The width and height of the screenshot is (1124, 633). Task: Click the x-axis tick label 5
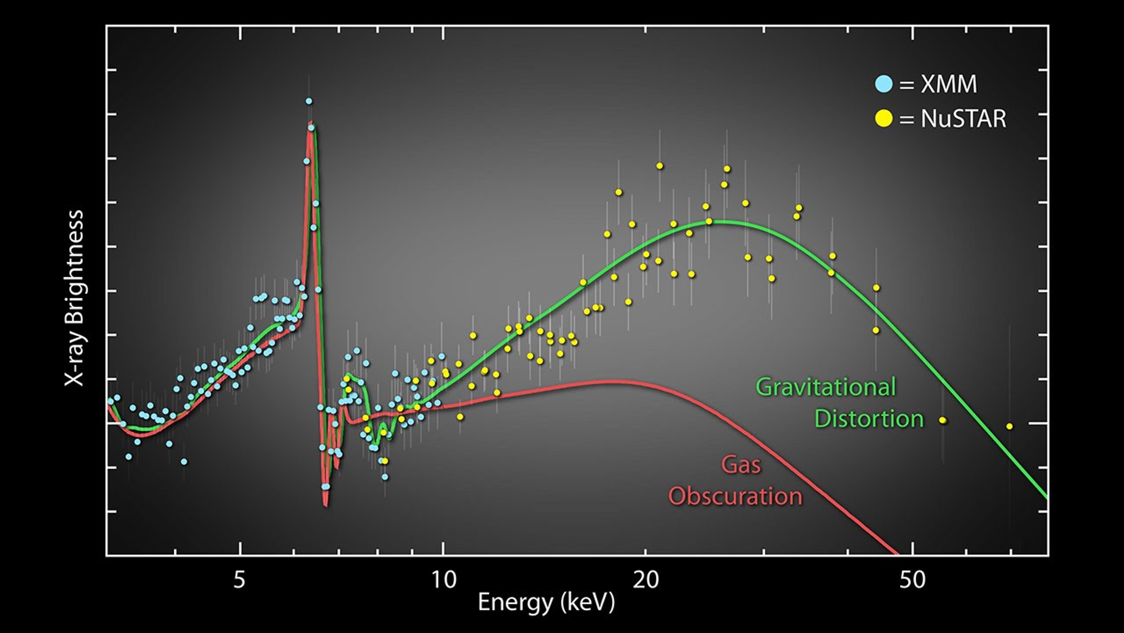(x=240, y=580)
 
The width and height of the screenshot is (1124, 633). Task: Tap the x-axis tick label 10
(x=444, y=580)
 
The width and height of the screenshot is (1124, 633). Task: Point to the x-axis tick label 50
(x=912, y=580)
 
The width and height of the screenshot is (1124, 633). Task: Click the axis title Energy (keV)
(x=546, y=602)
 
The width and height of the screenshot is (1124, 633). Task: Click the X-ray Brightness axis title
(x=74, y=298)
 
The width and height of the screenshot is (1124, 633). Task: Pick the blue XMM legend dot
(x=884, y=84)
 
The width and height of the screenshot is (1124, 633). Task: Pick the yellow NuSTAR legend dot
(x=884, y=119)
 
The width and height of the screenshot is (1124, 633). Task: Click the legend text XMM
(x=949, y=84)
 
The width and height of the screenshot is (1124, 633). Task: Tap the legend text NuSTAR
(x=964, y=119)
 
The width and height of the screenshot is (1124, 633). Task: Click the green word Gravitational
(x=825, y=387)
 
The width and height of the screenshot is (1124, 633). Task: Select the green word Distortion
(x=869, y=419)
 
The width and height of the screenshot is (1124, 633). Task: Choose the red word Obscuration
(x=735, y=496)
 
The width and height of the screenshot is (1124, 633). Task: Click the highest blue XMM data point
(x=309, y=101)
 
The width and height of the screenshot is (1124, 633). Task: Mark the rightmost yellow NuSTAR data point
(x=1009, y=426)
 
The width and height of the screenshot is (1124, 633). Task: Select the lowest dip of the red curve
(x=325, y=505)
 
